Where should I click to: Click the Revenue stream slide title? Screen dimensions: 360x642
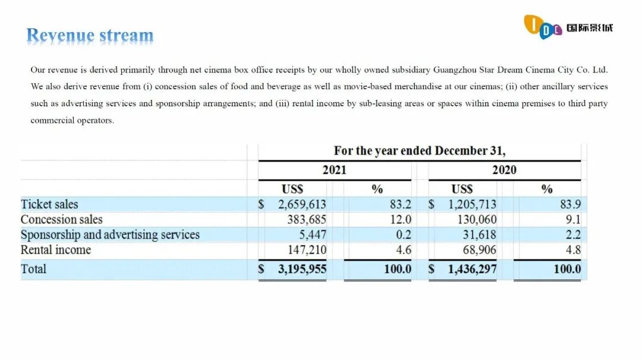point(90,36)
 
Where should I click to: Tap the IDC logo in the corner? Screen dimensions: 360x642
point(568,27)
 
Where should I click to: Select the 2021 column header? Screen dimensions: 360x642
point(334,170)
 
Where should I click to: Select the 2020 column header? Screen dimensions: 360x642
point(504,170)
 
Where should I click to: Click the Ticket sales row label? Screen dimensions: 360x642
point(49,204)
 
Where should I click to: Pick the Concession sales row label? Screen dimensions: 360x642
point(61,219)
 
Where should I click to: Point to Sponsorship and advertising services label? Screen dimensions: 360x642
point(110,235)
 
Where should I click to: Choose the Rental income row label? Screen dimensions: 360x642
point(56,250)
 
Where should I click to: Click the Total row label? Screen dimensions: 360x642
point(33,269)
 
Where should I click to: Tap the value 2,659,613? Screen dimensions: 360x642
point(302,204)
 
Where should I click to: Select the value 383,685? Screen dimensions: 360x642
point(307,219)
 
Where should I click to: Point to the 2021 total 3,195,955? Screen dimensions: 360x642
point(302,269)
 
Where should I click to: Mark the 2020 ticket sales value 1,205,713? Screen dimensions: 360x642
point(472,204)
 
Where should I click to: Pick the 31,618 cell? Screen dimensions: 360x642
point(479,235)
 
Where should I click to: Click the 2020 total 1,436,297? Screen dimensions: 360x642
point(472,269)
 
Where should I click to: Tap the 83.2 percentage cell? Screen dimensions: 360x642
point(400,204)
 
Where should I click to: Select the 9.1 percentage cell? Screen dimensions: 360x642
point(573,219)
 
